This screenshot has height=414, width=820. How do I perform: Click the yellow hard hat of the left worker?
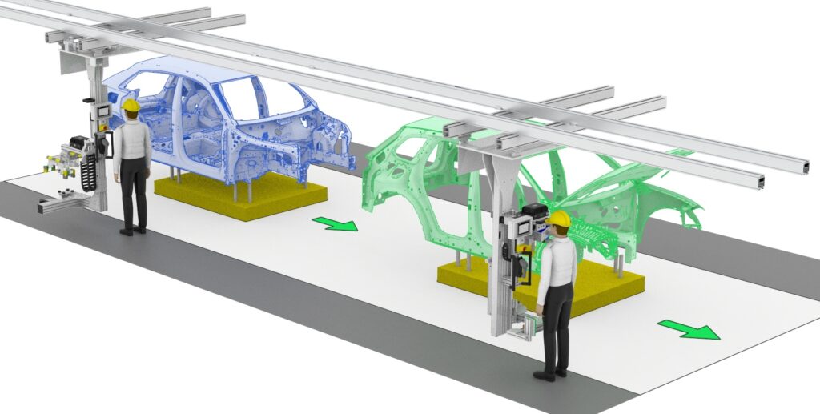pyautogui.click(x=131, y=105)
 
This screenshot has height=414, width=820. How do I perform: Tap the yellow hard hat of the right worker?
pyautogui.click(x=558, y=219)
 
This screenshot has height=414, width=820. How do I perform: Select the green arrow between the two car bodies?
pyautogui.click(x=334, y=223)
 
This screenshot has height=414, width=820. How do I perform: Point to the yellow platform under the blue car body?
pyautogui.click(x=241, y=197)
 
